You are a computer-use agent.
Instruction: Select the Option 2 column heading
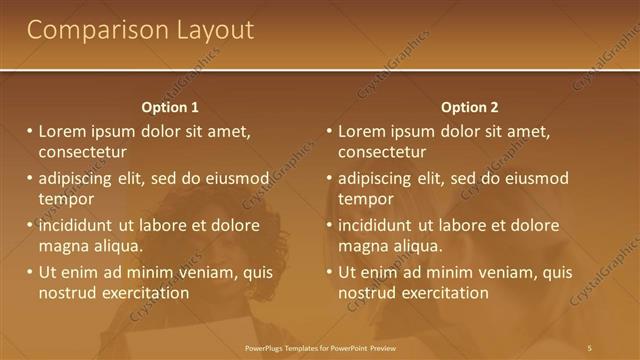[x=471, y=107]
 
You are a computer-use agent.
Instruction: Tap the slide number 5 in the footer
[x=591, y=347]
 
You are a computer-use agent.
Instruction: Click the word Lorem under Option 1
[x=62, y=131]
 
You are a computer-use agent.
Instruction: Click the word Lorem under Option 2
[x=362, y=131]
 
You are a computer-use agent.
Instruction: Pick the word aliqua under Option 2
[x=406, y=246]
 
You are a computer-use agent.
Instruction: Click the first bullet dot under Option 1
[x=30, y=131]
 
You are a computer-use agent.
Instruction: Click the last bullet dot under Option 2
[x=330, y=272]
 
